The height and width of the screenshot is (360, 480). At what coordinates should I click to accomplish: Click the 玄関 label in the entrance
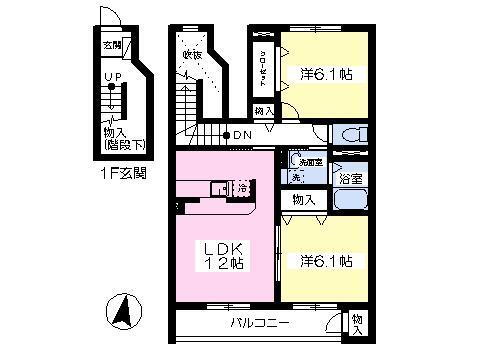click(111, 45)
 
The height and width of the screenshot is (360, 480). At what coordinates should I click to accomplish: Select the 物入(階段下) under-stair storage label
click(125, 138)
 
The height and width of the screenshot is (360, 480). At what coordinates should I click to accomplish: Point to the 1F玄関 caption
click(124, 172)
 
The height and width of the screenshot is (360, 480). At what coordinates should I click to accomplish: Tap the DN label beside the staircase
click(241, 135)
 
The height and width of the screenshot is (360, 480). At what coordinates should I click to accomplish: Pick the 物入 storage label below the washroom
click(303, 201)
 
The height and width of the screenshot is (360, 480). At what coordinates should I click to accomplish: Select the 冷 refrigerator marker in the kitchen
click(242, 187)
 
